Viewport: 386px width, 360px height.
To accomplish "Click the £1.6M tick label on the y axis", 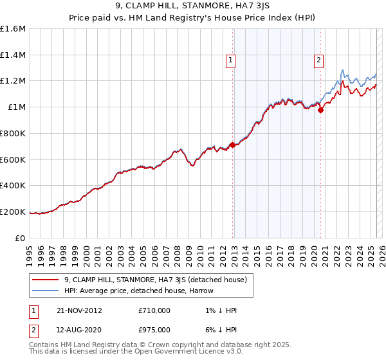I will (x=13, y=29).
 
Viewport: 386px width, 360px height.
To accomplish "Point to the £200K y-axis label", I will (x=13, y=212).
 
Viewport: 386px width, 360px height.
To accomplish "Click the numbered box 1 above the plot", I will (x=230, y=61).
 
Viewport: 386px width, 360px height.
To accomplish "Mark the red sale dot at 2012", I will (x=233, y=145).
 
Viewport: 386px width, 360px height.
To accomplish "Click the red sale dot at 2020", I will (x=321, y=110).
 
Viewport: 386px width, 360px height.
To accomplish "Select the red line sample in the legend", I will (x=45, y=280).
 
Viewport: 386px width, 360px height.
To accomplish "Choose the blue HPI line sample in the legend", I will (x=45, y=291).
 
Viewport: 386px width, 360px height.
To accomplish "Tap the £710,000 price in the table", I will (x=154, y=310).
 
